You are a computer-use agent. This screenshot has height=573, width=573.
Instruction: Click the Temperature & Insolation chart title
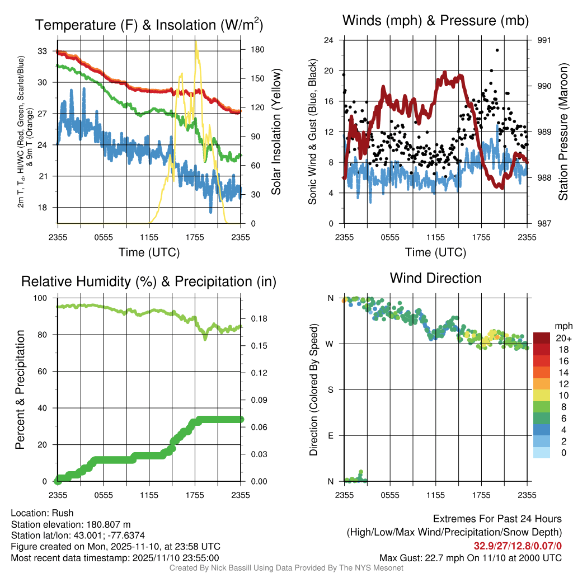click(149, 25)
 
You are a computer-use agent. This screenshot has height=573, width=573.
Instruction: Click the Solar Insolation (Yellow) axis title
click(276, 132)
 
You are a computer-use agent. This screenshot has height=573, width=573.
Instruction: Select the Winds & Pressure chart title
click(435, 21)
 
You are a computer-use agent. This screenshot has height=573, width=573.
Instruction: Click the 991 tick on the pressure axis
click(544, 40)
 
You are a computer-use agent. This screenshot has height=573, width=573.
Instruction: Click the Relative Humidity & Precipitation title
click(149, 281)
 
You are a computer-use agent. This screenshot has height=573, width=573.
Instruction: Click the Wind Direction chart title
click(435, 278)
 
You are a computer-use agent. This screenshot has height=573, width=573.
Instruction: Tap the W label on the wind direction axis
click(330, 344)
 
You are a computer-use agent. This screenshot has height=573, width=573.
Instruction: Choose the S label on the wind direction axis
click(331, 390)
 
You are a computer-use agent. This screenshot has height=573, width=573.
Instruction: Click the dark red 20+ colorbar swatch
click(542, 339)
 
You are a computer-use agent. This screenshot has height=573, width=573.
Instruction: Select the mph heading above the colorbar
click(562, 326)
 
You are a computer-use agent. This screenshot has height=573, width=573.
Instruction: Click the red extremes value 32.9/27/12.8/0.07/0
click(518, 546)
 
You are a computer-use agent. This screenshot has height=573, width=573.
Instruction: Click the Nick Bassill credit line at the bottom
click(286, 568)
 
